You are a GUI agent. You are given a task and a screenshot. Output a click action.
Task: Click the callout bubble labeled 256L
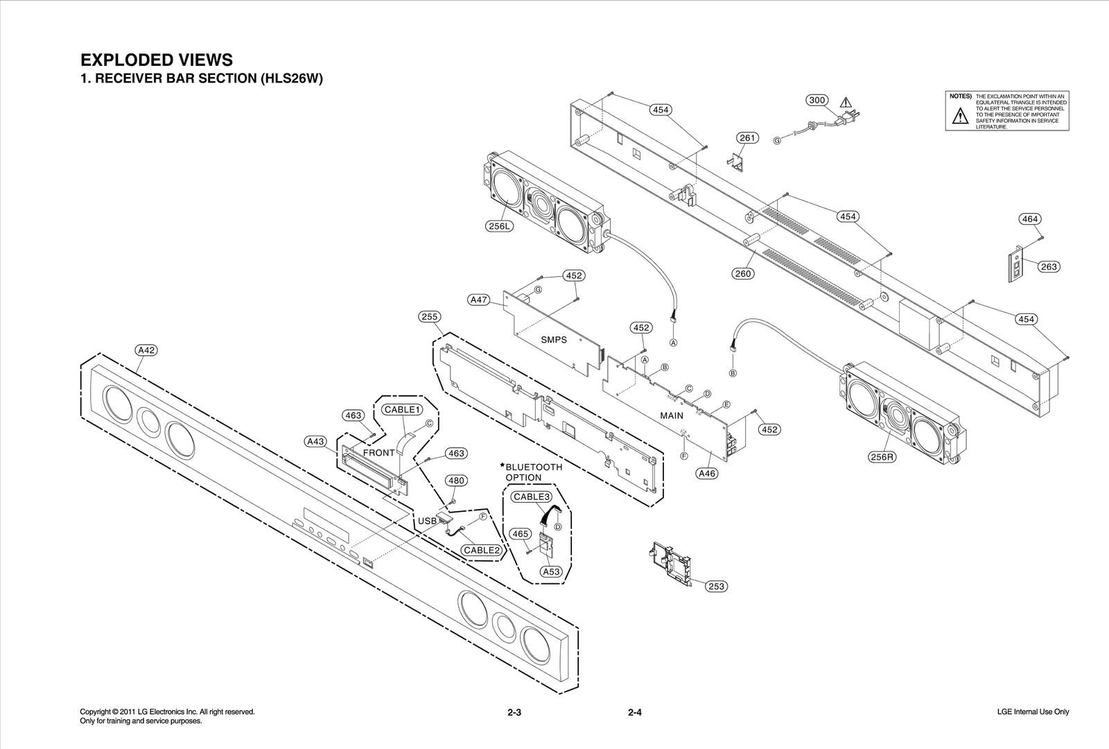pos(500,226)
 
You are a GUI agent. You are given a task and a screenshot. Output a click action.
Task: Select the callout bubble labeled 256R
pos(882,457)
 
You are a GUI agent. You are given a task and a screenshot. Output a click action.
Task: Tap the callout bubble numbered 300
pos(817,100)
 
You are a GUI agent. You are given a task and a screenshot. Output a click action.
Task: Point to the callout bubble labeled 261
pos(747,138)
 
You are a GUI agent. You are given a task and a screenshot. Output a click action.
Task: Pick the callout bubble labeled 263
pos(1049,266)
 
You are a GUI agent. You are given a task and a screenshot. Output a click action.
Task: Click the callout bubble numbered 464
pos(1030,219)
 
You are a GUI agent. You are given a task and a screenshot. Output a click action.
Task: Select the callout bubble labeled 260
pos(743,273)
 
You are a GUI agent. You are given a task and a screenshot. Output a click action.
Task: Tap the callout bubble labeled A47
pos(479,300)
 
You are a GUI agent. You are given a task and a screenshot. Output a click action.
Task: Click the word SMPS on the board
pos(554,340)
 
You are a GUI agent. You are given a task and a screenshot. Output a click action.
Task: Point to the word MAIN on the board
pos(671,416)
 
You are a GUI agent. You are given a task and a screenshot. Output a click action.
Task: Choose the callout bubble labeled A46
pos(707,474)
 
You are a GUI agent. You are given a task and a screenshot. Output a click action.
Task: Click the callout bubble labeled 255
pos(430,317)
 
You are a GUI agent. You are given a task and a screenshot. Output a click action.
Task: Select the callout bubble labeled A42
pos(146,350)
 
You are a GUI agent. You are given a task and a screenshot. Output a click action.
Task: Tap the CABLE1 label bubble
pos(403,410)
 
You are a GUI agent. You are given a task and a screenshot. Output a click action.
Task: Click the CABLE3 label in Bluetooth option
pos(532,497)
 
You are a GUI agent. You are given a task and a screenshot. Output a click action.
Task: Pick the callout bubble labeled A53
pos(551,571)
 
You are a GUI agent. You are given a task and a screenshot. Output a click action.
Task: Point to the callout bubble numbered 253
pos(716,587)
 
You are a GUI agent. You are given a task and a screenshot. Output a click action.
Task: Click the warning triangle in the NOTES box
pos(959,117)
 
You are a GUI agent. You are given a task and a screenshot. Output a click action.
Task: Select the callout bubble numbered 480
pos(455,481)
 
